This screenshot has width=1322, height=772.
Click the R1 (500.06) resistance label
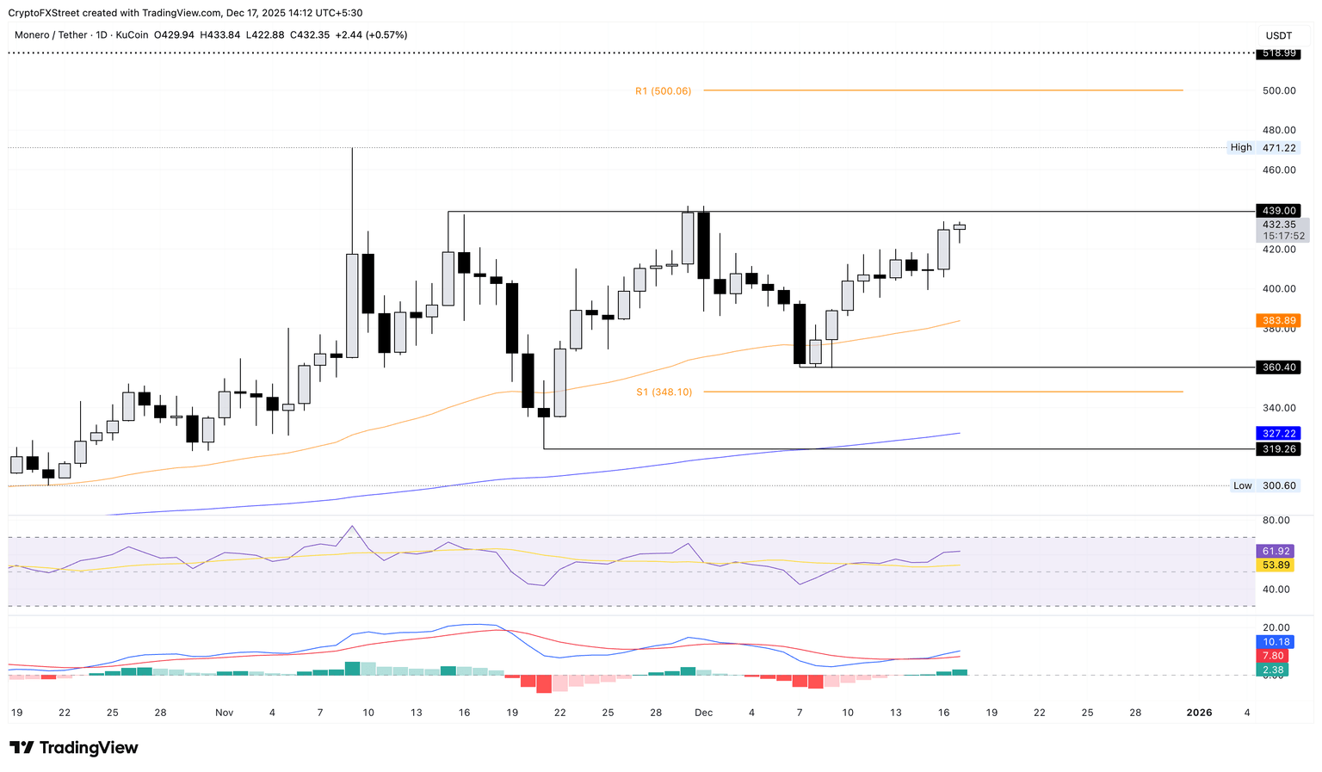coord(663,90)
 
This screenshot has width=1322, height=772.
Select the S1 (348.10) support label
coord(664,392)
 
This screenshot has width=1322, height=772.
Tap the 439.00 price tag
coord(1278,211)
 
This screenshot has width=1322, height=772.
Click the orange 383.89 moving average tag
coord(1278,320)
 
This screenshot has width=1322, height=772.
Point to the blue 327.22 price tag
coord(1278,434)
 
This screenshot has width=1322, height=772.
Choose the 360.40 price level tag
coord(1278,367)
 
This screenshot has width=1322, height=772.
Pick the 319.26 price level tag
coord(1278,449)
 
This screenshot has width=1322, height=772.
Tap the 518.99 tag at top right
coord(1278,53)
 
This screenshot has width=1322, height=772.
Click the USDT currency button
coord(1278,35)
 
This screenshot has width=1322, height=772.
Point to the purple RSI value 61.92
coord(1276,551)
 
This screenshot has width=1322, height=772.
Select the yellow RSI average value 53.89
coord(1276,565)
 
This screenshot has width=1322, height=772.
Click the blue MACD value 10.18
coord(1276,642)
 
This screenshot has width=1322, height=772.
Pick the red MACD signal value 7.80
coord(1276,656)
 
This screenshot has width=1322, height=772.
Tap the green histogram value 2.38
coord(1276,670)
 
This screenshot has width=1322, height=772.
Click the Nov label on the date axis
coord(224,713)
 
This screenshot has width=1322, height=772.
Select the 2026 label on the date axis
coord(1199,713)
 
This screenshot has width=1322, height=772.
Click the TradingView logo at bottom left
coord(74,748)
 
